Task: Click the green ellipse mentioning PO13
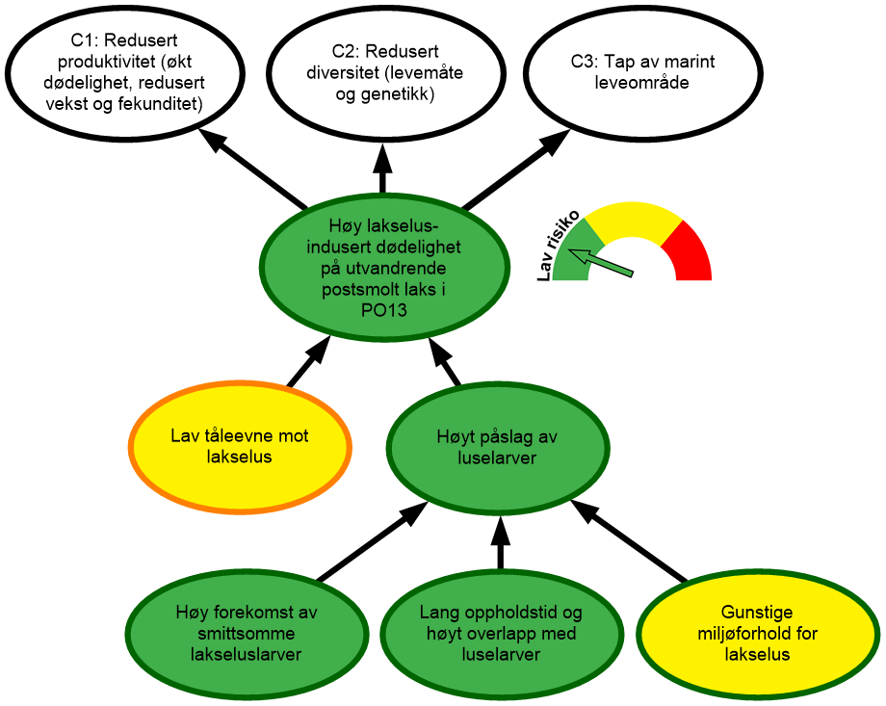point(385,266)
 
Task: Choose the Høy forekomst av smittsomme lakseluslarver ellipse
point(247,633)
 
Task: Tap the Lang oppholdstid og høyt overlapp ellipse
point(501,633)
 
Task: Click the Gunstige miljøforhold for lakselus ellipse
point(757,633)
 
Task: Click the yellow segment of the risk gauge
point(631,219)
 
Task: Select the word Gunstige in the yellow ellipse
point(757,613)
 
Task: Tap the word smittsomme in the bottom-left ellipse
point(247,634)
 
